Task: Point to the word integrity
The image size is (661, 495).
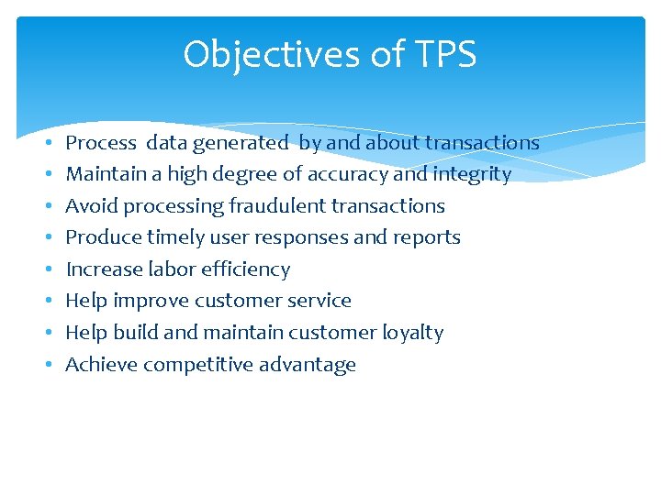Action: pyautogui.click(x=472, y=174)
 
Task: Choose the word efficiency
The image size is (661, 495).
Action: pyautogui.click(x=245, y=269)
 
